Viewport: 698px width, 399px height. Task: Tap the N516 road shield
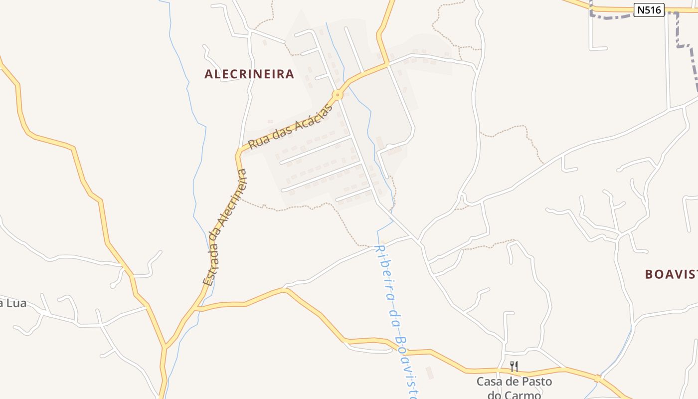click(x=650, y=9)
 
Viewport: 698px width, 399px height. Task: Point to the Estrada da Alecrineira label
click(x=225, y=227)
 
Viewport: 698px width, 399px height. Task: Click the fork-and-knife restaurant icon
click(x=514, y=367)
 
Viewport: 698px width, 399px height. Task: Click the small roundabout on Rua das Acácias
click(x=338, y=94)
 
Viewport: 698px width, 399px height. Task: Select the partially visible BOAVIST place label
click(x=671, y=274)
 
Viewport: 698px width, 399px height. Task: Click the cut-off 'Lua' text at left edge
click(x=13, y=303)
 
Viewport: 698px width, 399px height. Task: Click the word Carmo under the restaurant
click(x=521, y=395)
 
